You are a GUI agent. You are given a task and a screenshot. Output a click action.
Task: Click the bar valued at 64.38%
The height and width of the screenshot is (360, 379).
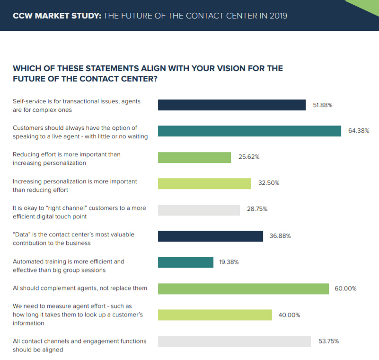(x=249, y=131)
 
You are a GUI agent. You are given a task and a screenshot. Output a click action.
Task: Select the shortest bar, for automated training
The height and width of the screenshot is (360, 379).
(x=185, y=262)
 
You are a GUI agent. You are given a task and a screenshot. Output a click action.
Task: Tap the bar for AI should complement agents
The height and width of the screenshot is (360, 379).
(x=243, y=288)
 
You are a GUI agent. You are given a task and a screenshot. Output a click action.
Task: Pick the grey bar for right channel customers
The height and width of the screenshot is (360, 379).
(x=199, y=210)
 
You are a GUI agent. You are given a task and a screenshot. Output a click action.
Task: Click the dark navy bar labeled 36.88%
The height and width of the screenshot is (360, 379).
(x=210, y=236)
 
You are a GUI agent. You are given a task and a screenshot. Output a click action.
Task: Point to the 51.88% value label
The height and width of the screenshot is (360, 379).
(x=323, y=105)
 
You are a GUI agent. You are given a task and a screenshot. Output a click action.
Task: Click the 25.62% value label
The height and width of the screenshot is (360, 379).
(x=249, y=157)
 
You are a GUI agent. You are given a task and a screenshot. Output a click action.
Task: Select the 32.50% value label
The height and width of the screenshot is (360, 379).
(x=269, y=183)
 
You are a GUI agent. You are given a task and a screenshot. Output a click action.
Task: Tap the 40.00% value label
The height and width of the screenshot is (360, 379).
(x=290, y=315)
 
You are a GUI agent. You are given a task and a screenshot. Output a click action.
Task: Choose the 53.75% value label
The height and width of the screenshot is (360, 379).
(x=328, y=341)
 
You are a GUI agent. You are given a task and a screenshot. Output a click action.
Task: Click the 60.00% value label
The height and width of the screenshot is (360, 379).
(x=345, y=288)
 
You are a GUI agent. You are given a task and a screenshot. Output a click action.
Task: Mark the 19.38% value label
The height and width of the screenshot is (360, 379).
(x=229, y=262)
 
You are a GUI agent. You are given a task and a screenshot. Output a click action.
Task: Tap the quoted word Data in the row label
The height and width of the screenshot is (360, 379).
(x=23, y=234)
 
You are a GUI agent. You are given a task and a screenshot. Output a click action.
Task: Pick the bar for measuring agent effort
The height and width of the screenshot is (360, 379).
(x=215, y=315)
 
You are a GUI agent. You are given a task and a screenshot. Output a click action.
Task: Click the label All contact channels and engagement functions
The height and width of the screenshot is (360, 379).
(x=79, y=341)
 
